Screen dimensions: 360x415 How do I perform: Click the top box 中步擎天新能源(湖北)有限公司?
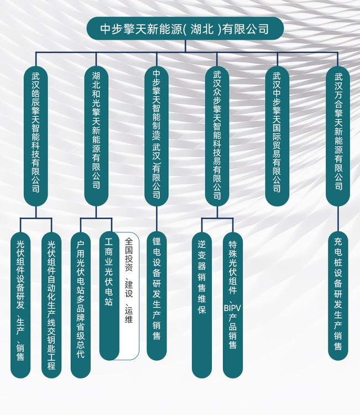coord(185,29)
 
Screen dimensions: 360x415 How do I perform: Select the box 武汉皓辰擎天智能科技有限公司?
coord(36,136)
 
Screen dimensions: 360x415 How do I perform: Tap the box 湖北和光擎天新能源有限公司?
coord(96,136)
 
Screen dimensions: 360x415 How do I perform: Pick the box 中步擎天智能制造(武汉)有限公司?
coord(156,136)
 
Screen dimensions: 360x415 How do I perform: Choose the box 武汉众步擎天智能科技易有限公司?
coord(217,136)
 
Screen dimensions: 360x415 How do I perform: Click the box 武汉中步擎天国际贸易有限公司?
coord(277,136)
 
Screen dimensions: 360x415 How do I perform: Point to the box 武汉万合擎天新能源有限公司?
coord(338,136)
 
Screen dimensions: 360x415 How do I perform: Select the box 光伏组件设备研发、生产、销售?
coord(20,305)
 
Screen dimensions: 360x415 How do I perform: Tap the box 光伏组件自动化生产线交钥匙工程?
coord(51,305)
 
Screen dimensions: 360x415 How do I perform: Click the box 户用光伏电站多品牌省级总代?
coord(81,305)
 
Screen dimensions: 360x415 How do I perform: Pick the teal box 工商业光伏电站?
coord(109,295)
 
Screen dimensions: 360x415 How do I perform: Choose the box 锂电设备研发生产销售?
coord(156,295)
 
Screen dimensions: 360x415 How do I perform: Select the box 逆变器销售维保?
coord(202,305)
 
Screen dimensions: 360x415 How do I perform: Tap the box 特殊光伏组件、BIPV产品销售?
coord(233,305)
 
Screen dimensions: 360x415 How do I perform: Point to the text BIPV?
coord(232,308)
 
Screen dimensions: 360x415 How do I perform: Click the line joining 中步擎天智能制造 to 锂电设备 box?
coord(156,219)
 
